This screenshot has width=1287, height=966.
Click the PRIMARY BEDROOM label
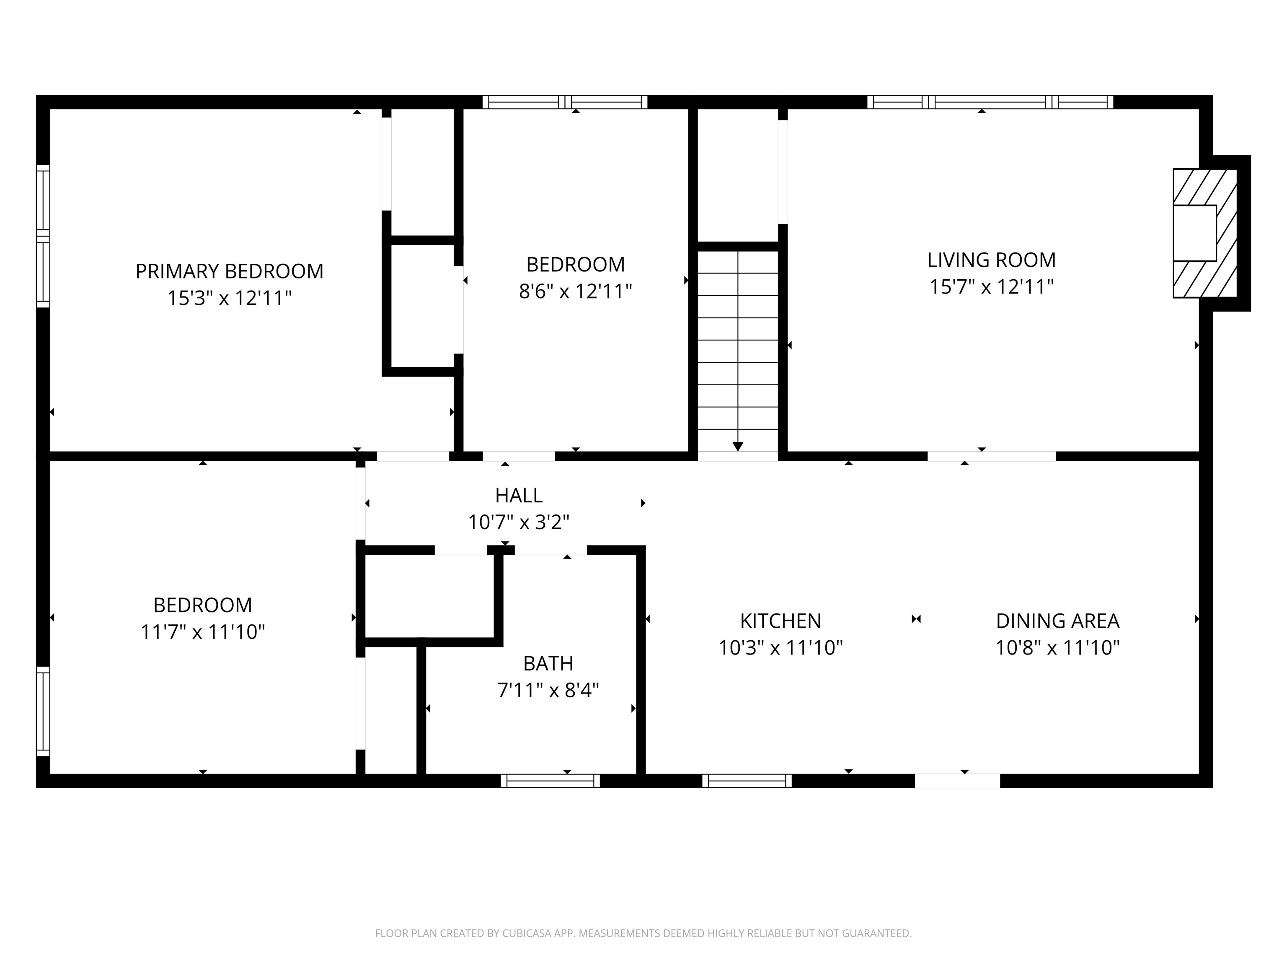coord(229,271)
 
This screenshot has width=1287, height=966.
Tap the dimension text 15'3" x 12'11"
coord(229,298)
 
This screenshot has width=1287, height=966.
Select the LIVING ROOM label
coord(991,260)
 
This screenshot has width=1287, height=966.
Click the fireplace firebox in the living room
coord(1194,233)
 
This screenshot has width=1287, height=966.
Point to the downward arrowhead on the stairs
coord(738,447)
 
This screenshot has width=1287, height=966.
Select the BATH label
coord(548,663)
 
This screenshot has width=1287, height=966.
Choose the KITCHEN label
coord(780,621)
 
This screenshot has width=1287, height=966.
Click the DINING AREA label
coord(1057,621)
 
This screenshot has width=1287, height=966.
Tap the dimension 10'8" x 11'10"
coord(1057,647)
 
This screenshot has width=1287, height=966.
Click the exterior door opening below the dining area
coord(957,781)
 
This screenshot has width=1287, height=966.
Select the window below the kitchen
coord(747,781)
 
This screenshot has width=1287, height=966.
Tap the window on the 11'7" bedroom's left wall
coord(43,711)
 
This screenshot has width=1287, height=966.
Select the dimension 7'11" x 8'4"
coord(548,691)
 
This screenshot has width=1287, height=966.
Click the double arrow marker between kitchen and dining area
coord(916,619)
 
